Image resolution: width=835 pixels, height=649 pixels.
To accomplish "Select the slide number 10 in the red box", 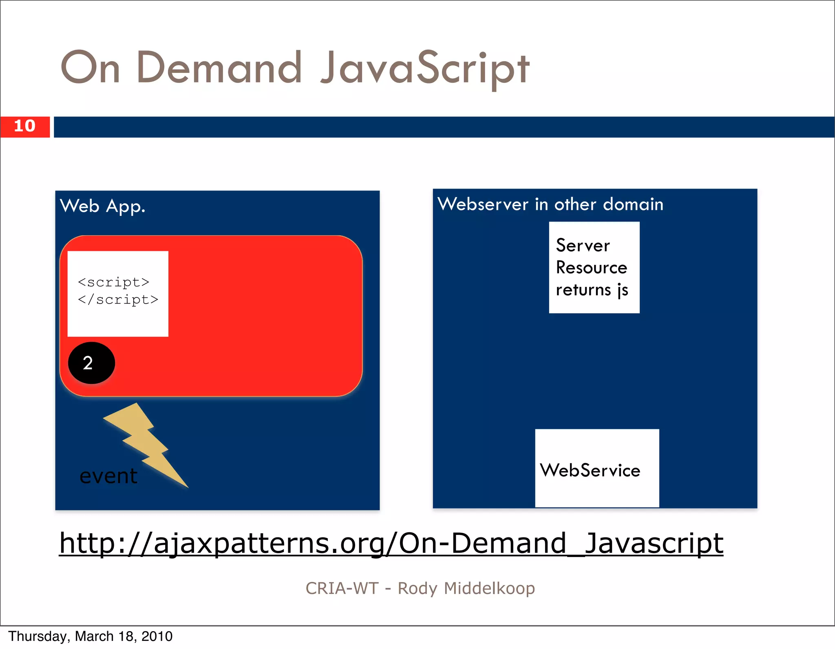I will pyautogui.click(x=24, y=126).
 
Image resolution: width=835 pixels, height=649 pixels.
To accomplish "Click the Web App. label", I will pyautogui.click(x=102, y=206).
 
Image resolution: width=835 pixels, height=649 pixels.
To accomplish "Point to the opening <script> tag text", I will pyautogui.click(x=113, y=282).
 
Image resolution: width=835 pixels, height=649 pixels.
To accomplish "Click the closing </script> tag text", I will pyautogui.click(x=118, y=299).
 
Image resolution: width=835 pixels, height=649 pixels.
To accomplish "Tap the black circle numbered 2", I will pyautogui.click(x=91, y=363).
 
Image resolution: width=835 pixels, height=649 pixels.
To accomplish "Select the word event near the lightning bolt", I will pyautogui.click(x=108, y=476).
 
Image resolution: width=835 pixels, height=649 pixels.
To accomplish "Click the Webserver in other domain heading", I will pyautogui.click(x=550, y=204).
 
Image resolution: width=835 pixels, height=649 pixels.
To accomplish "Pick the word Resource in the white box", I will pyautogui.click(x=591, y=268).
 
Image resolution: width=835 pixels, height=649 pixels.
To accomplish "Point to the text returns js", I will pyautogui.click(x=592, y=290).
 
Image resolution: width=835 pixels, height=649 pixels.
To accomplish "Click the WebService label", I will pyautogui.click(x=590, y=471).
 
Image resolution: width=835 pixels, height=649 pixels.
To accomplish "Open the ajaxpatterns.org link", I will pyautogui.click(x=391, y=543).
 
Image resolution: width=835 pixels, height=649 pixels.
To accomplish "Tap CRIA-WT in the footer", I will pyautogui.click(x=342, y=588).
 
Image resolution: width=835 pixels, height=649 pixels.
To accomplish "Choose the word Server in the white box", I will pyautogui.click(x=583, y=245).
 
